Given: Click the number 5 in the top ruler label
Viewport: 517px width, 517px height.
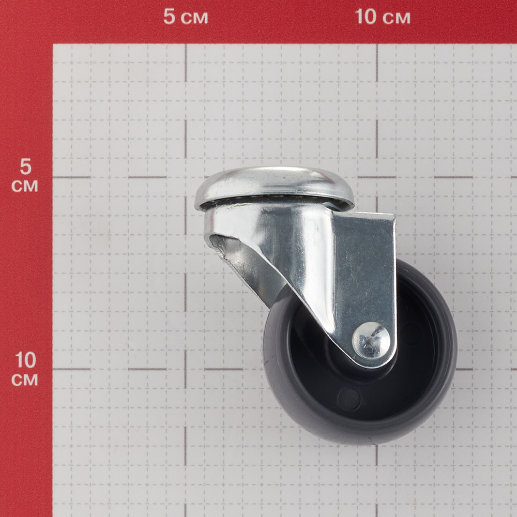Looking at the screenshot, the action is click(x=169, y=17).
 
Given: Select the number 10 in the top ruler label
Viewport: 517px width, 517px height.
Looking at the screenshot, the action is click(x=366, y=17).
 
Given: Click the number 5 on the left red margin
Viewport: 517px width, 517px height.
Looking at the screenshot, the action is click(x=25, y=167).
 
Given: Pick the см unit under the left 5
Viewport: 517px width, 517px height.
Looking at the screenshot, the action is click(x=25, y=186).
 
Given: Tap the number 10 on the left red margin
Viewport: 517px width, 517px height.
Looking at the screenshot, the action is click(x=25, y=360).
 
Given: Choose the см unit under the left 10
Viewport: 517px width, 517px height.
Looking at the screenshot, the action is click(x=25, y=380).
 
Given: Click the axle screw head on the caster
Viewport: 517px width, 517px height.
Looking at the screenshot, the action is click(x=371, y=340).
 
